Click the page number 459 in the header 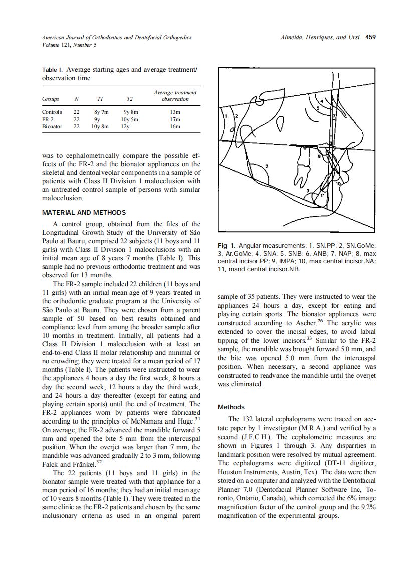[x=371, y=37]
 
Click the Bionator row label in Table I [x=52, y=127]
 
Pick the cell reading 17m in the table [x=175, y=120]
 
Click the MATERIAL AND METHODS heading [x=84, y=213]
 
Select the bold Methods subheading [x=231, y=407]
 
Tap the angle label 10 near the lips [x=338, y=184]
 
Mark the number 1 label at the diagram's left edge [x=225, y=116]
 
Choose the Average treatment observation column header [x=175, y=96]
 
